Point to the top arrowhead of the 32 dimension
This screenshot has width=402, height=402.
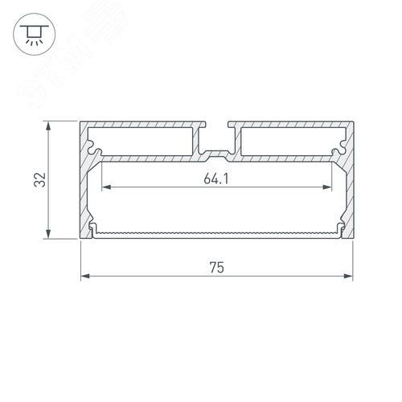pyautogui.click(x=51, y=126)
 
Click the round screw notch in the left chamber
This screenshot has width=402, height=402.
pyautogui.click(x=96, y=150)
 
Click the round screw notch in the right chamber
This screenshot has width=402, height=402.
pyautogui.click(x=336, y=150)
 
